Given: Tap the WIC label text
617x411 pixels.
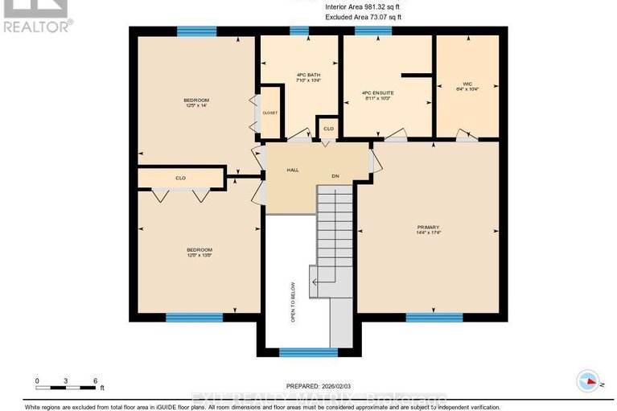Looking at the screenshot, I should [466, 84].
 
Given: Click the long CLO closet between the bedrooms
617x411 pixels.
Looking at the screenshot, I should [181, 178].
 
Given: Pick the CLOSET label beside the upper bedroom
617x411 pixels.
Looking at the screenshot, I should [269, 113].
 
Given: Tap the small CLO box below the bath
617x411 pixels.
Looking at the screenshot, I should [328, 129].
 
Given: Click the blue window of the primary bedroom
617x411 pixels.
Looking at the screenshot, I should [434, 318].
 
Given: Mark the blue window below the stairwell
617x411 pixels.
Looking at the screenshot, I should [308, 351].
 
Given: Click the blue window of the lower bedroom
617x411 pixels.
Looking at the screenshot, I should [194, 318].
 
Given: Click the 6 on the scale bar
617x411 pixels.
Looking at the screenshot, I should [96, 380].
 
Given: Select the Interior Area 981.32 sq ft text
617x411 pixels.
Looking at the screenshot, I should [364, 6].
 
